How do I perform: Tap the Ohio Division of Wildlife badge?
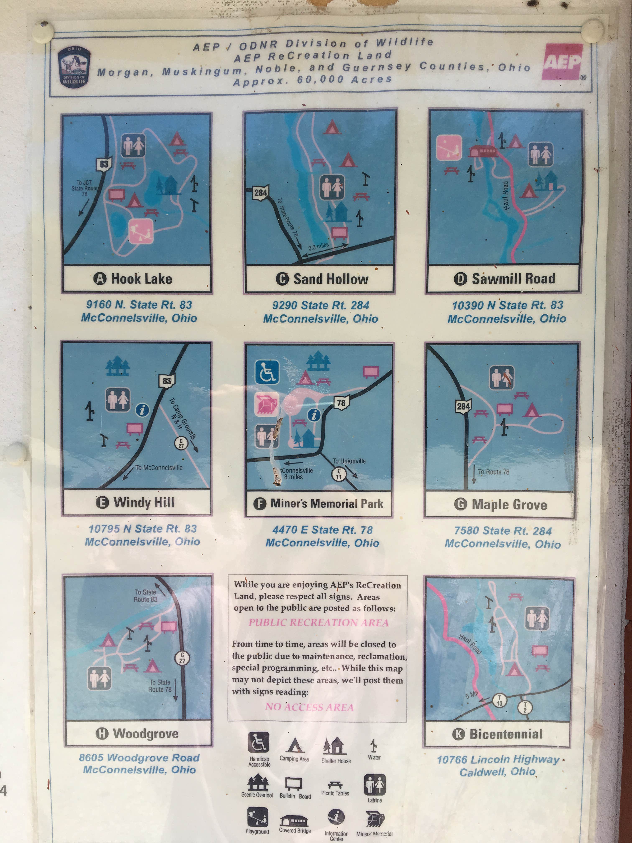pyautogui.click(x=74, y=68)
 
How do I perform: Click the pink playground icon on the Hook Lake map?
pyautogui.click(x=141, y=231)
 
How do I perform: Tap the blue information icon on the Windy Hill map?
pyautogui.click(x=142, y=410)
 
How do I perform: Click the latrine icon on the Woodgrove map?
pyautogui.click(x=99, y=678)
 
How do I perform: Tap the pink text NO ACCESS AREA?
pyautogui.click(x=309, y=707)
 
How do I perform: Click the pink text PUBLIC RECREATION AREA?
pyautogui.click(x=319, y=623)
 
